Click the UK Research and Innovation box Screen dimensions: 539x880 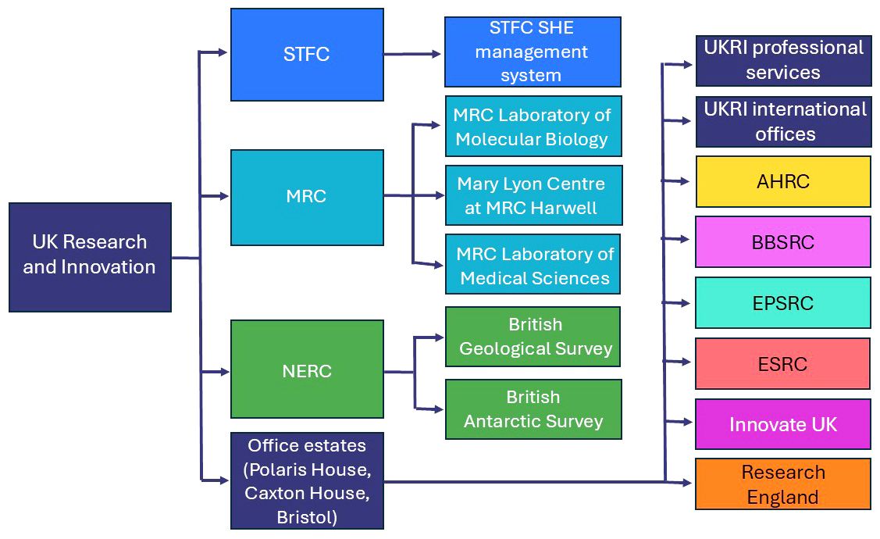click(x=90, y=257)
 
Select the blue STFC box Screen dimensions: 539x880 click(x=307, y=55)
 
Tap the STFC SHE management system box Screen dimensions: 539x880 click(x=532, y=52)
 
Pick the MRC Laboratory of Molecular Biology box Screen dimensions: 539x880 click(x=533, y=127)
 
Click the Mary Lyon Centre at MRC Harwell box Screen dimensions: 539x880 click(x=533, y=195)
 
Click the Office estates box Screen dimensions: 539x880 click(x=307, y=480)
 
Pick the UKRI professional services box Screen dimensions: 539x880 click(x=783, y=59)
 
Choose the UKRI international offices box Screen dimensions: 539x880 click(x=783, y=121)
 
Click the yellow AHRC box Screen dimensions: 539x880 click(x=783, y=181)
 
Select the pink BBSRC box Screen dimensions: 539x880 click(x=783, y=242)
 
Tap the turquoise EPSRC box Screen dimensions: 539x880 click(x=783, y=303)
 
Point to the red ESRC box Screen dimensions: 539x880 click(x=783, y=363)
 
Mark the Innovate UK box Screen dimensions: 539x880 click(x=783, y=424)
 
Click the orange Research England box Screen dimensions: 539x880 click(x=783, y=484)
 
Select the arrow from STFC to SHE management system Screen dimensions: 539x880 click(x=413, y=54)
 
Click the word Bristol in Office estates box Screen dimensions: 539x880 click(x=307, y=517)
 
